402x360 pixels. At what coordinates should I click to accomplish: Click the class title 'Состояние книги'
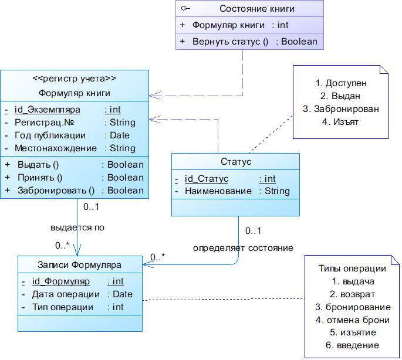(x=256, y=8)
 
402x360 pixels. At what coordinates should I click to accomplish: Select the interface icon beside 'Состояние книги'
(x=185, y=8)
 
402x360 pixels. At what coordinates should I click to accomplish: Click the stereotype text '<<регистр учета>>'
(x=74, y=79)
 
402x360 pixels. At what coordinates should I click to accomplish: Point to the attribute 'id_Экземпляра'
(x=47, y=109)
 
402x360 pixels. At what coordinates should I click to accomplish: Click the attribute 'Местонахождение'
(x=55, y=148)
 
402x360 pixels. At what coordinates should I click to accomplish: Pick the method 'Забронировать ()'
(x=56, y=191)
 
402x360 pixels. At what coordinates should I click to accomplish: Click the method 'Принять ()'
(x=40, y=178)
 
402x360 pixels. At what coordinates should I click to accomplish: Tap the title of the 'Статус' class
(x=235, y=162)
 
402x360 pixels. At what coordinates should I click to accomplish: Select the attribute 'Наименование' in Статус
(x=218, y=191)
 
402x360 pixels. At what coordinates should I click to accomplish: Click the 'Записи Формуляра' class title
(x=79, y=264)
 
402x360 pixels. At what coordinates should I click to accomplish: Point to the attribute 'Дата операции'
(x=66, y=294)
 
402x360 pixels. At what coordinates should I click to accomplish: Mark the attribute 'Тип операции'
(x=62, y=307)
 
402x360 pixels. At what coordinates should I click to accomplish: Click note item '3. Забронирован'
(x=340, y=109)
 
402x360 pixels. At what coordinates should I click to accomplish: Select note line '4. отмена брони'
(x=352, y=320)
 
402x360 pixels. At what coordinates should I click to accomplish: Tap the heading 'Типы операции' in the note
(x=352, y=269)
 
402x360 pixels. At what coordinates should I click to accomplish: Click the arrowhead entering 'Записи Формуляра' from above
(x=77, y=251)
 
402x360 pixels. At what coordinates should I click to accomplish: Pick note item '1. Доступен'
(x=340, y=83)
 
